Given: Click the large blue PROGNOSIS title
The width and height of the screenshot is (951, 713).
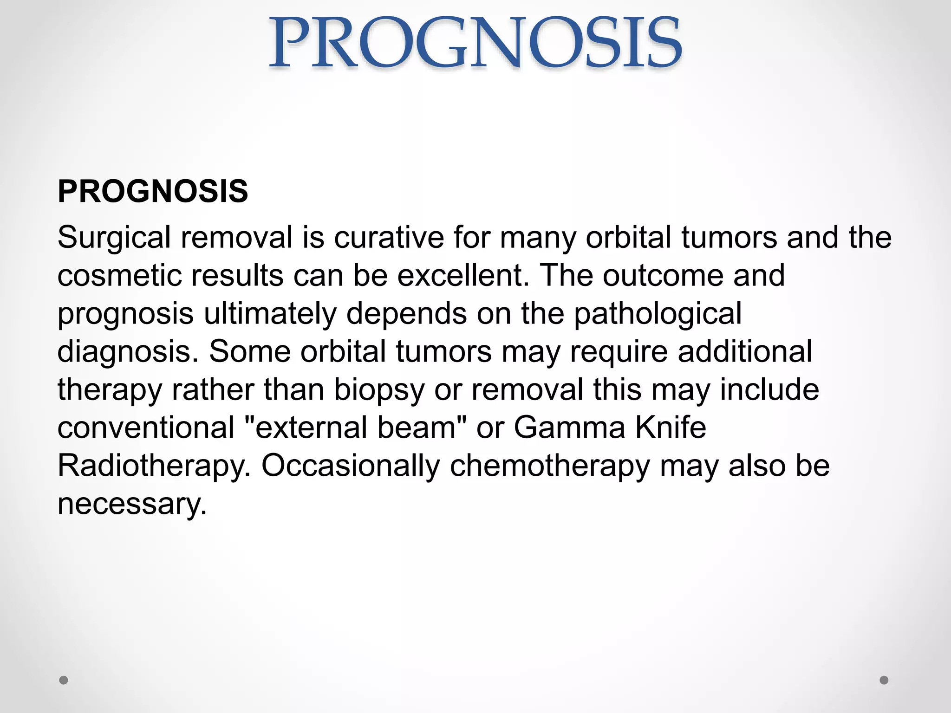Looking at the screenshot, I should pos(475,43).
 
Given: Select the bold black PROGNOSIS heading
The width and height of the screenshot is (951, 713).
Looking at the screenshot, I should pos(153,191).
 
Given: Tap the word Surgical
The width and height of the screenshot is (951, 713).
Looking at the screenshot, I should pos(114,238).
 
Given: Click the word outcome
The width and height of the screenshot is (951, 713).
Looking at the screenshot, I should pos(663,276).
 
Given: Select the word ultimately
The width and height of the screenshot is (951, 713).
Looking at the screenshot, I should pos(270,314).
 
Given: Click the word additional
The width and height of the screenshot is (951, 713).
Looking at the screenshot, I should pos(745,352).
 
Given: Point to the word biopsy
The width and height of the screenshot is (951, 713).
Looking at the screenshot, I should pos(379,390).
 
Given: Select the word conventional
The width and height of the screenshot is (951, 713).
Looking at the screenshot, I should pos(146,428).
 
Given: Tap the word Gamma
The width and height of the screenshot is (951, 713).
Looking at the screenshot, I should pos(569,428).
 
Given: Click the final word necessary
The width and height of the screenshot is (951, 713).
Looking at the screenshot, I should pos(132,504).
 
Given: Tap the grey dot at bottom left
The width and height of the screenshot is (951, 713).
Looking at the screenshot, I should pos(64,680).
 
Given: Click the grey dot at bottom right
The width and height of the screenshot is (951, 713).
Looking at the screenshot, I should pos(884,680).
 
